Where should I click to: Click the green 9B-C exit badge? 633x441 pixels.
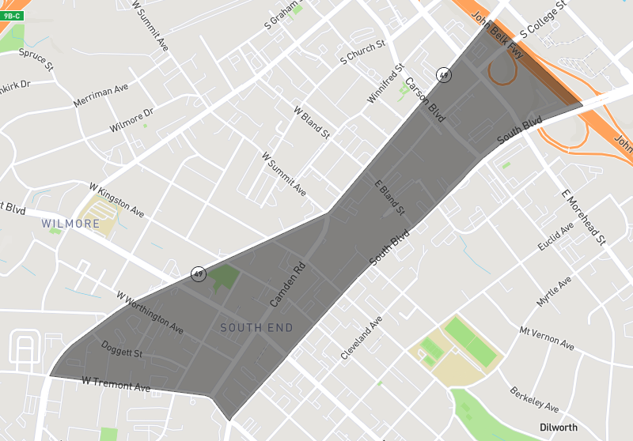[12, 15]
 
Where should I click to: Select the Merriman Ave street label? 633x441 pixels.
[100, 96]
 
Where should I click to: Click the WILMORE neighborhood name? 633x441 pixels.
[72, 224]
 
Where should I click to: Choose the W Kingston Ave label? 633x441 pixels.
[117, 201]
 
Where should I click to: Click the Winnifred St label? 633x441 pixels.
[385, 84]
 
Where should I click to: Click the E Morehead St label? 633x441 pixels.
[582, 217]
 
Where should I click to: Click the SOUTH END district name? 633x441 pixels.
[256, 328]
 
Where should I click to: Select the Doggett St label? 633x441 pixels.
[122, 349]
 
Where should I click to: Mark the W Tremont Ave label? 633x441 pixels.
[116, 385]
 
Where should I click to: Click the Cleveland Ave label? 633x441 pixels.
[362, 337]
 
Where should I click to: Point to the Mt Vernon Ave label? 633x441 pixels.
[546, 337]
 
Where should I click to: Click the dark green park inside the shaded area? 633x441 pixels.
[224, 277]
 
